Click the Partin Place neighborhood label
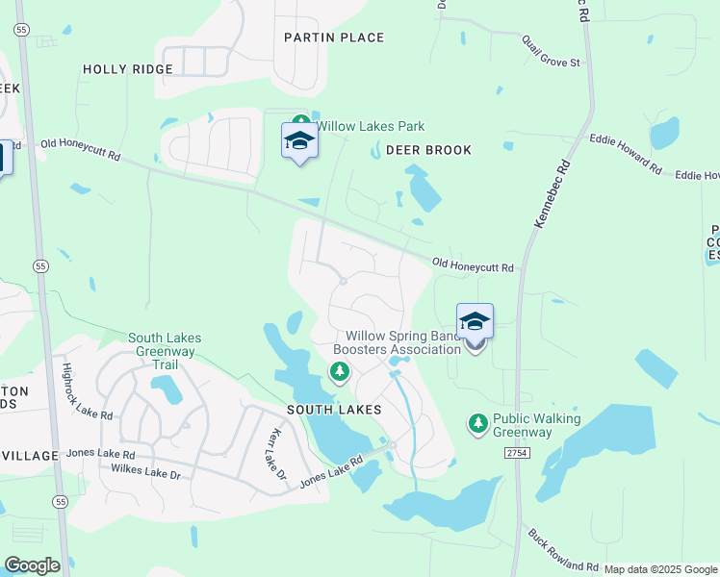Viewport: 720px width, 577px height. [334, 38]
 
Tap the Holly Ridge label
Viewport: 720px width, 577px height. [128, 69]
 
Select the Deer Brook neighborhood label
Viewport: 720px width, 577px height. [428, 150]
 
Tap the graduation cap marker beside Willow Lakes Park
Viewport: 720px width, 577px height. [299, 141]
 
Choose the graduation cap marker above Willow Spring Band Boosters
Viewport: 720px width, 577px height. [475, 320]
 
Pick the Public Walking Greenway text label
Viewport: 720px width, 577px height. [536, 425]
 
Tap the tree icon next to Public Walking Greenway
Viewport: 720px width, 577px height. [476, 422]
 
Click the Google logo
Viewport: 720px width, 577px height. [32, 565]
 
